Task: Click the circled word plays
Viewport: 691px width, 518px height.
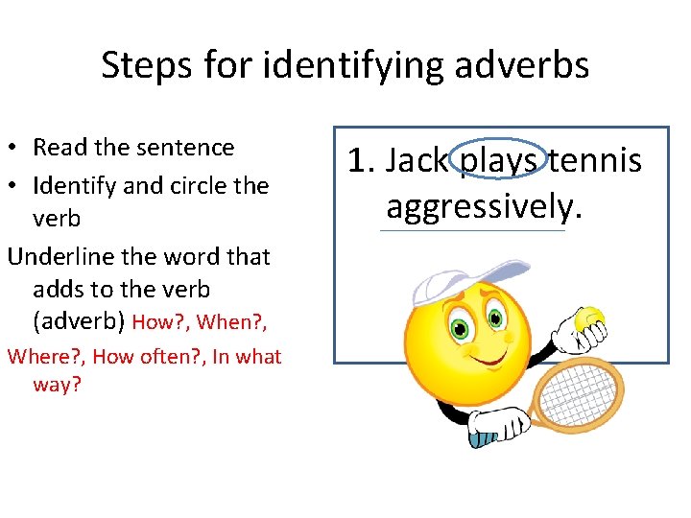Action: coord(498,161)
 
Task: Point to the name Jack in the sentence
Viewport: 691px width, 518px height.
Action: coord(417,161)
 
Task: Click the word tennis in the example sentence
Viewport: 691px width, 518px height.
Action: coord(595,161)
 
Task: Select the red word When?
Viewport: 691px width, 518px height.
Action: coord(228,322)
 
